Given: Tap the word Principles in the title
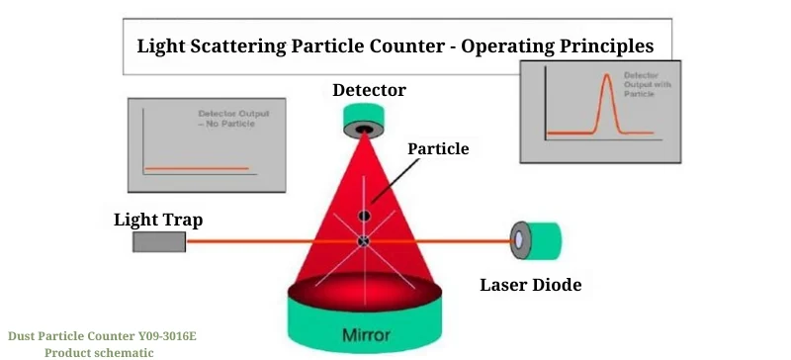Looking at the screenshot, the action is (x=602, y=45).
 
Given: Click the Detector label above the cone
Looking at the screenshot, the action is (x=369, y=90).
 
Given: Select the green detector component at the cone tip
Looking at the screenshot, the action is (x=366, y=121).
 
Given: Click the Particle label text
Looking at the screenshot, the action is (x=438, y=148).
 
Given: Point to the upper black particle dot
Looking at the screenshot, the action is (x=365, y=216).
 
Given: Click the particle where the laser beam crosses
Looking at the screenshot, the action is (x=364, y=240).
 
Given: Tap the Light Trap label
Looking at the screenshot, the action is (x=158, y=219).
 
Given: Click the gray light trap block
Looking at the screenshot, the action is (x=158, y=241).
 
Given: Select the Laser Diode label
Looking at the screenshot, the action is (x=530, y=286).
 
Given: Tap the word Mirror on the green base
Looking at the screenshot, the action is (x=366, y=334).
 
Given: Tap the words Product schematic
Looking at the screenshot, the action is (x=99, y=352).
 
